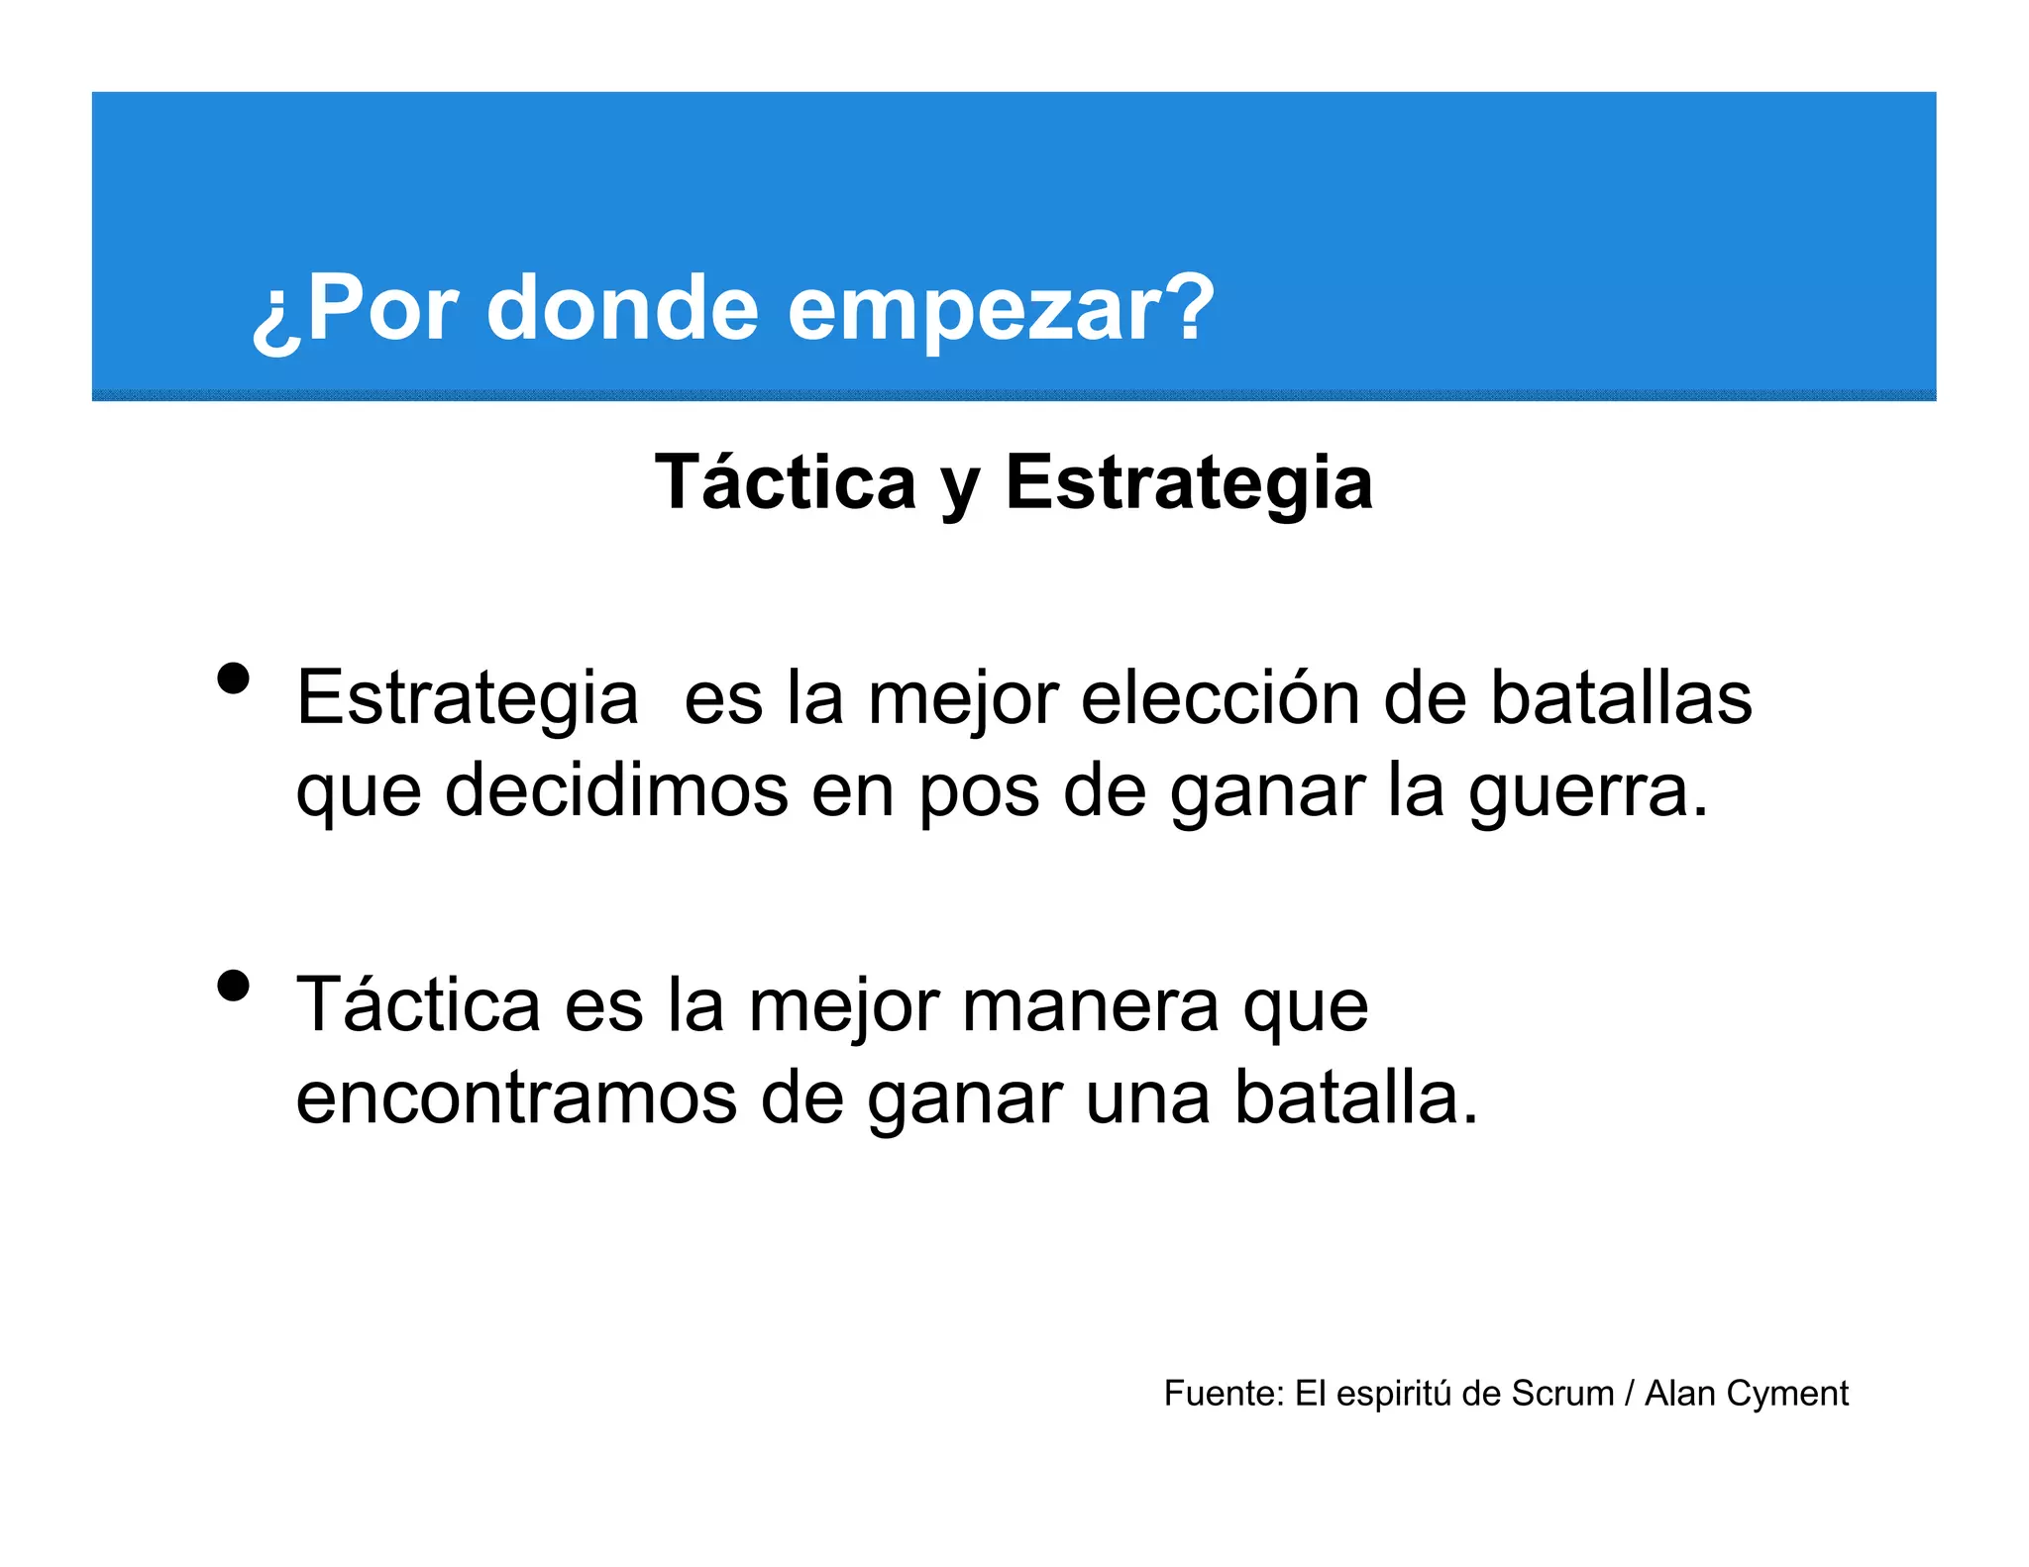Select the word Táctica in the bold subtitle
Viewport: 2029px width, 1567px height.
pyautogui.click(x=785, y=482)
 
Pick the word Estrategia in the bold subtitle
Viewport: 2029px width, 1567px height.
pyautogui.click(x=1189, y=482)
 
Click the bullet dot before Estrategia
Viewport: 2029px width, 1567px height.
pyautogui.click(x=233, y=679)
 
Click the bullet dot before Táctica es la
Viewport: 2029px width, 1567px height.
pyautogui.click(x=233, y=986)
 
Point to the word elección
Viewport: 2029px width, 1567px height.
pyautogui.click(x=1220, y=698)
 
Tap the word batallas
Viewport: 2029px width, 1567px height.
pyautogui.click(x=1621, y=698)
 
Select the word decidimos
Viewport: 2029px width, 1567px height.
pyautogui.click(x=616, y=790)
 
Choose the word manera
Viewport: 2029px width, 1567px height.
pyautogui.click(x=1090, y=1005)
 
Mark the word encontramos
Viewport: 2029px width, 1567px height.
pyautogui.click(x=516, y=1097)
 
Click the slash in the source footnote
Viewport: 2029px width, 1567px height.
pyautogui.click(x=1630, y=1394)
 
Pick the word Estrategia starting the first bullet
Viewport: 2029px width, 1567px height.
pyautogui.click(x=467, y=699)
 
